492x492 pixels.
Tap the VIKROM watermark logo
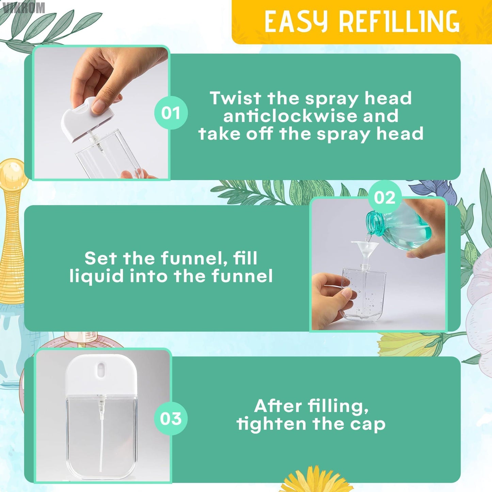[x=22, y=7]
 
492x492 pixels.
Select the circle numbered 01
[x=171, y=113]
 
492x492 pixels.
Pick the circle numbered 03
[x=171, y=418]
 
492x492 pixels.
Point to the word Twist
[x=235, y=98]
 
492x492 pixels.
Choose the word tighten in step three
[x=272, y=424]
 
